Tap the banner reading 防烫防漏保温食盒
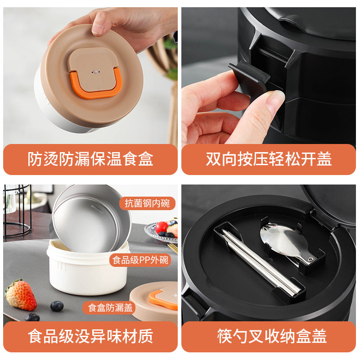[x=90, y=159]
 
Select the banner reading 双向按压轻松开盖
[x=269, y=159]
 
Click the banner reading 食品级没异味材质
[x=90, y=336]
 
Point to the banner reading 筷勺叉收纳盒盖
[x=269, y=336]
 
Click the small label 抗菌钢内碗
[x=147, y=203]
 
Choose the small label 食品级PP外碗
[x=140, y=260]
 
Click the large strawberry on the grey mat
[x=20, y=295]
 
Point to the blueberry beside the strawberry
[x=57, y=306]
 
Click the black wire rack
[x=17, y=211]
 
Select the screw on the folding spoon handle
[x=310, y=259]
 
